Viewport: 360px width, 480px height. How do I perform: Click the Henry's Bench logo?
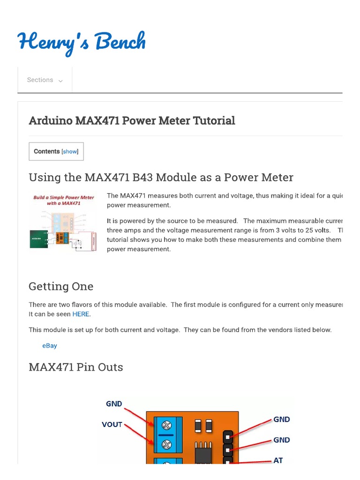[82, 43]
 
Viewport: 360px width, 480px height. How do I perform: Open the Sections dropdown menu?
[45, 80]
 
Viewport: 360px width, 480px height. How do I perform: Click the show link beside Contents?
[70, 151]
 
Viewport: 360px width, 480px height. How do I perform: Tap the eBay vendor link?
[50, 345]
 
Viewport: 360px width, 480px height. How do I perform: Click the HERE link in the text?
[81, 314]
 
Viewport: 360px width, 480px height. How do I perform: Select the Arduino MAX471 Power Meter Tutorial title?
[132, 120]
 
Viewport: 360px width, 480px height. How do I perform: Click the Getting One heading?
[61, 286]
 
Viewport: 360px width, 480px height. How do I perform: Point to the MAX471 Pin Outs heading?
[76, 367]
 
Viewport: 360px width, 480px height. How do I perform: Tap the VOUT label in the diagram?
[112, 425]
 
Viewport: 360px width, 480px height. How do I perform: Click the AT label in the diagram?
[278, 460]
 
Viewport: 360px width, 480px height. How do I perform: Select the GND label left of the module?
[114, 404]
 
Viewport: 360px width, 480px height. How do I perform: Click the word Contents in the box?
[47, 151]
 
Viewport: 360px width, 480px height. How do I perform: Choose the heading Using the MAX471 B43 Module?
[161, 178]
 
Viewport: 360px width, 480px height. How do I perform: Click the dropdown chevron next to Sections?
[60, 81]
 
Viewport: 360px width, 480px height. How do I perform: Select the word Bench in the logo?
[120, 42]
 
